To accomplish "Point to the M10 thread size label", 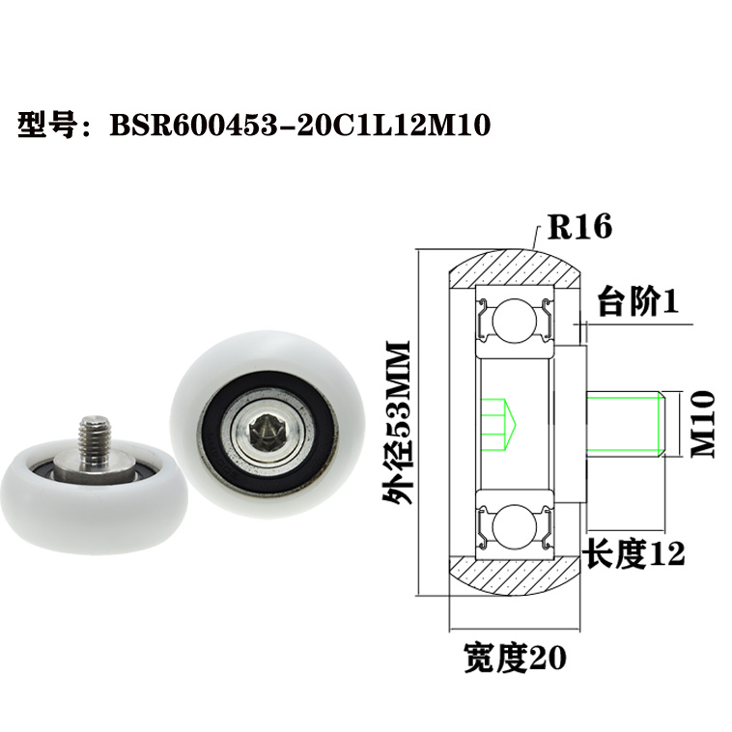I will coord(702,424).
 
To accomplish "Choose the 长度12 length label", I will coord(633,553).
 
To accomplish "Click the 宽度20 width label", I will coord(514,658).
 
